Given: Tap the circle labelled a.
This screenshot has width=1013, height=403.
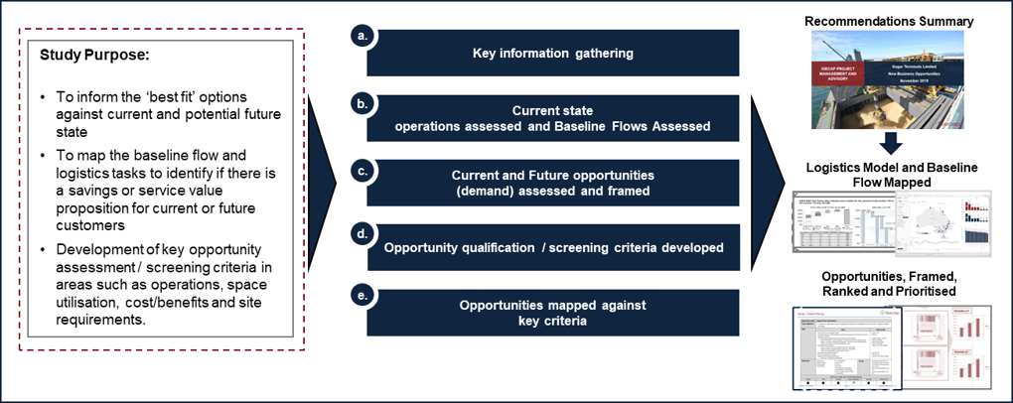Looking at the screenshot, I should [362, 36].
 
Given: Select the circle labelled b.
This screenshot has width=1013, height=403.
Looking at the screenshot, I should [362, 100].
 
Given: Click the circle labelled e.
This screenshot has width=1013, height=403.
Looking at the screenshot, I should [362, 294].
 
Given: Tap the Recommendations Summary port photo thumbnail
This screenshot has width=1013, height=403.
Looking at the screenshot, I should [888, 80].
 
